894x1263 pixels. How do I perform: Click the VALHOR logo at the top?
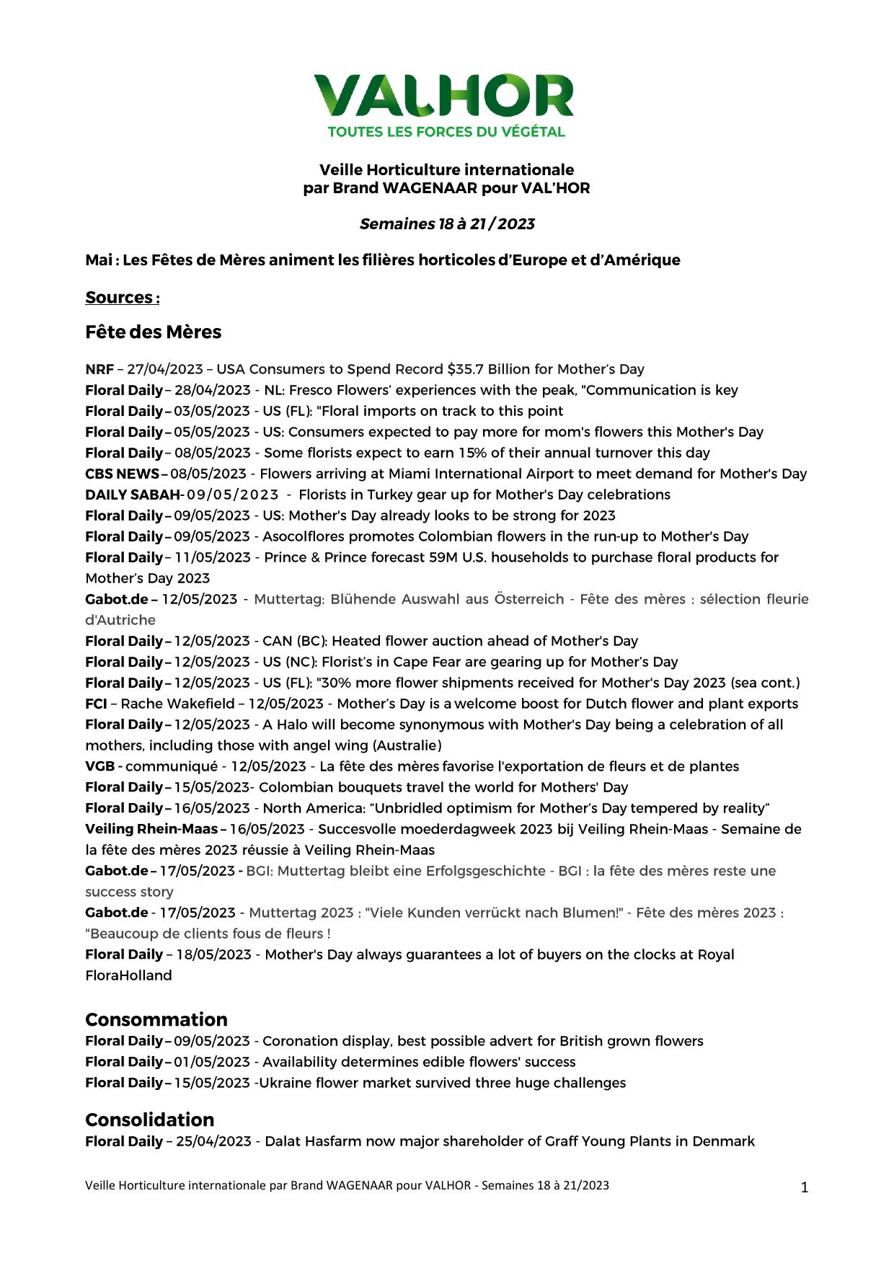[x=443, y=96]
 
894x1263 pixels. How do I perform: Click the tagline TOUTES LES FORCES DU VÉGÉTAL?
[x=446, y=132]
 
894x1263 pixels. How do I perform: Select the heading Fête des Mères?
[x=153, y=332]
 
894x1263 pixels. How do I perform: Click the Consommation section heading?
[x=156, y=1019]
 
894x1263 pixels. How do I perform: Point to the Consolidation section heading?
[x=150, y=1120]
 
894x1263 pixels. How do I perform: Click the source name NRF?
[x=99, y=370]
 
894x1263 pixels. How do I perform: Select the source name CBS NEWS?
[x=122, y=474]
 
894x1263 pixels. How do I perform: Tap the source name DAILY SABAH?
[x=132, y=495]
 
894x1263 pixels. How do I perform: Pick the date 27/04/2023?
[x=165, y=370]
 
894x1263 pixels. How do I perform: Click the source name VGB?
[x=99, y=767]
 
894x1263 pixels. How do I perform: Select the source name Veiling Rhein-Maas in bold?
[x=151, y=830]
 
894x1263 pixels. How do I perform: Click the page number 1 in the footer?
[x=805, y=1188]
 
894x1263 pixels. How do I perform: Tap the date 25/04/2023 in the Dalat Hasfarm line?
[x=213, y=1142]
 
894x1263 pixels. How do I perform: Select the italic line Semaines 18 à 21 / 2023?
[x=447, y=224]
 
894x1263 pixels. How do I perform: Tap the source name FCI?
[x=96, y=704]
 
